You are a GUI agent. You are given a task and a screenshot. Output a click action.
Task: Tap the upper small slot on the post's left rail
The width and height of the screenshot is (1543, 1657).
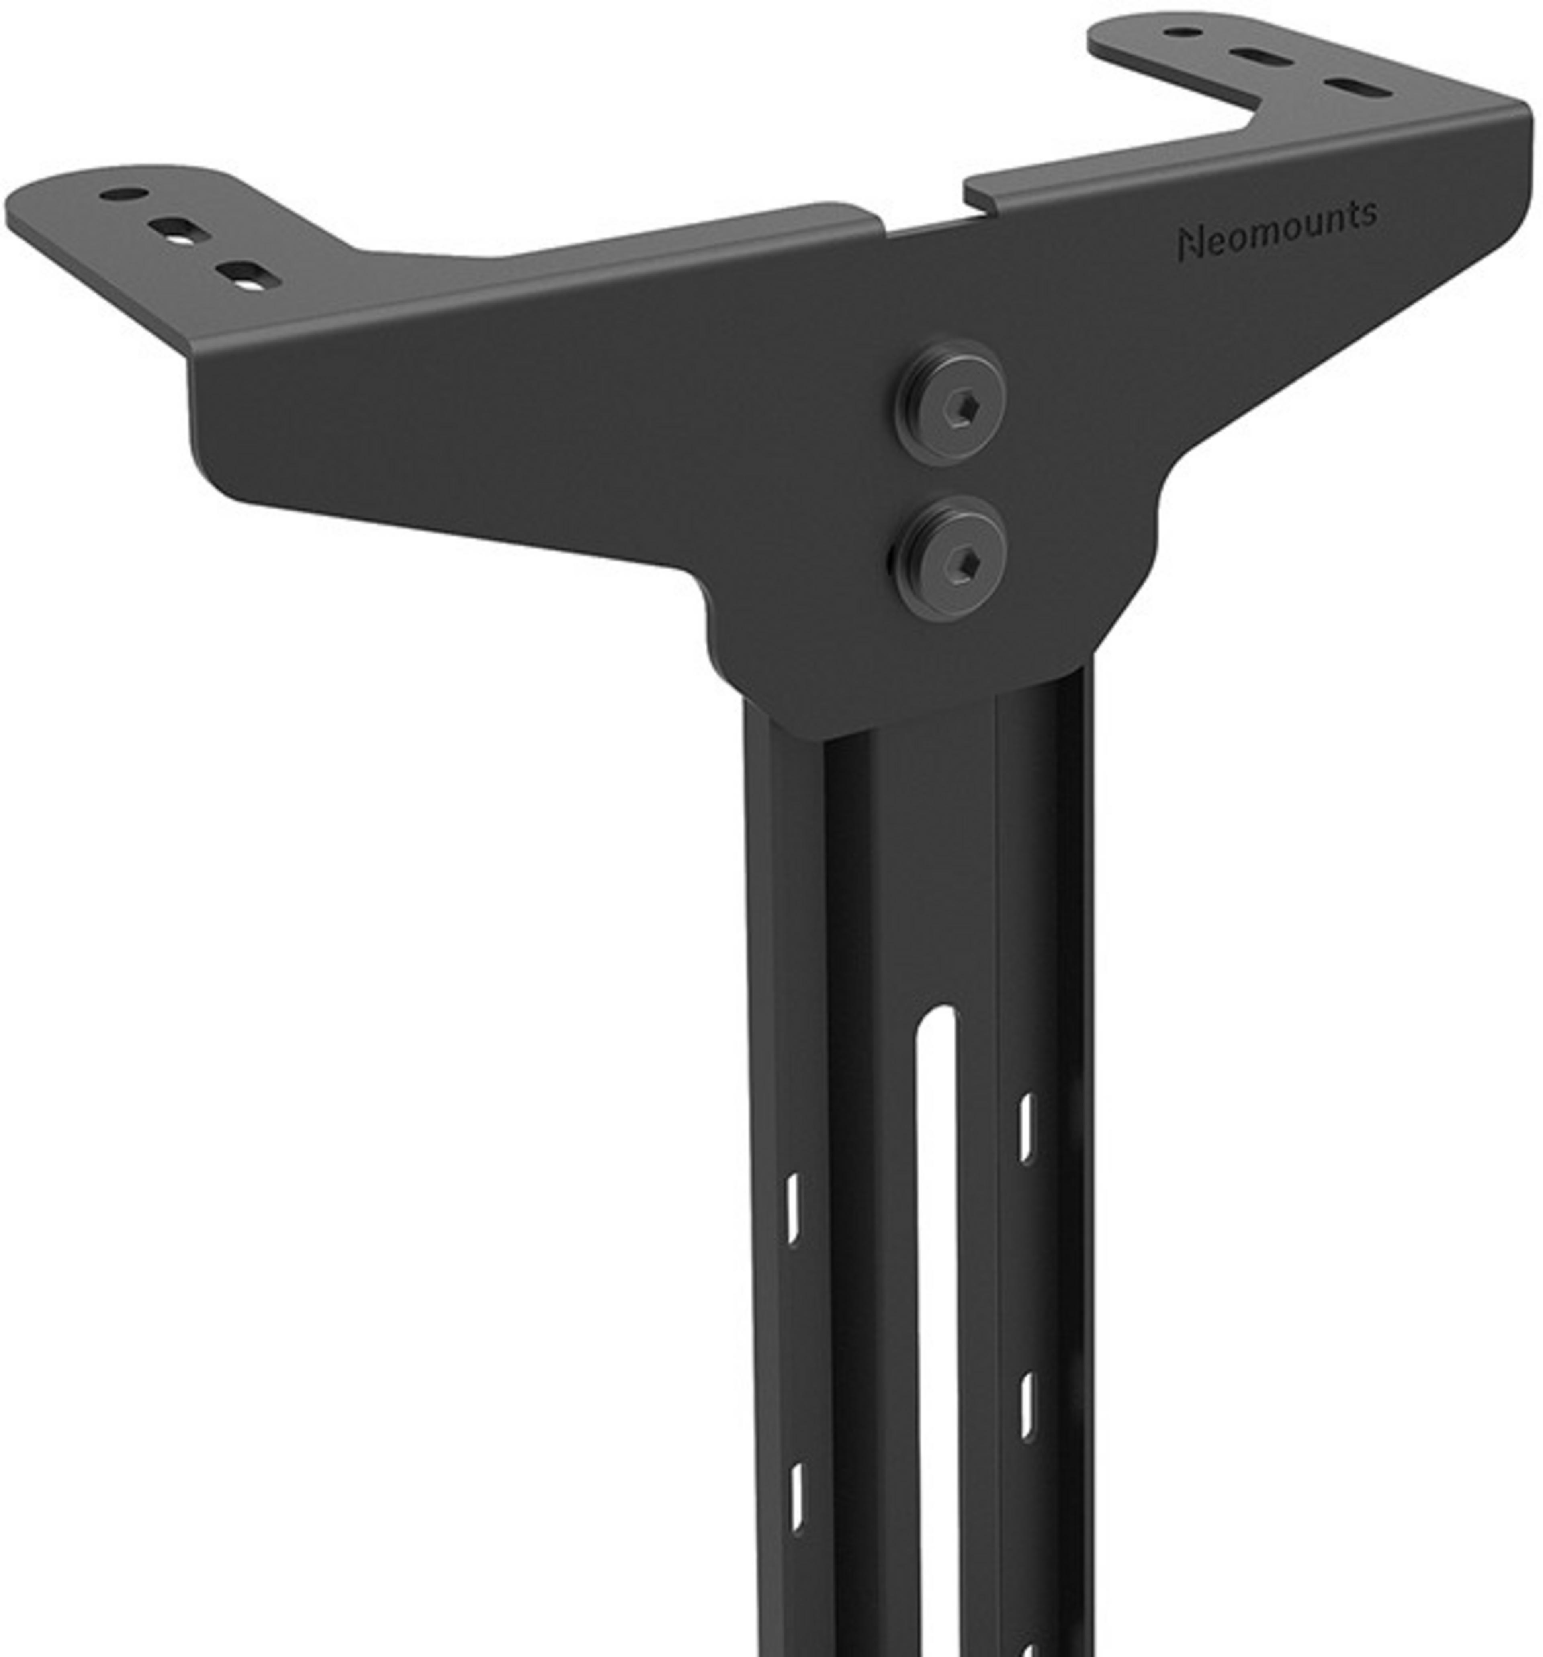click(793, 1209)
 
